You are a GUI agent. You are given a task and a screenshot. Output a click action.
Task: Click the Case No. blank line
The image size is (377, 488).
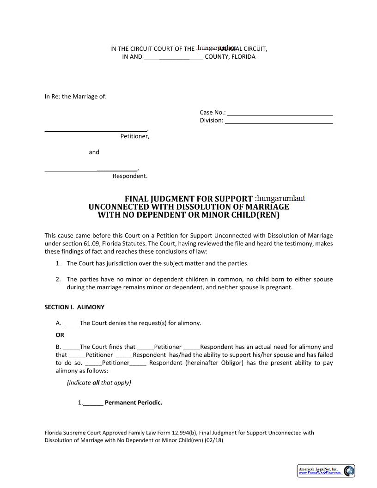[x=280, y=113]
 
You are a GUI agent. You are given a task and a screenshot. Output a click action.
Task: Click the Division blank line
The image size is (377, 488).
[x=279, y=121]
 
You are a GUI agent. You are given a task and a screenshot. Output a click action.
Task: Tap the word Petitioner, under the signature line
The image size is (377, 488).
[x=134, y=136]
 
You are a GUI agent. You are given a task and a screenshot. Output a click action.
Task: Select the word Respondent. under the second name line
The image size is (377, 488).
[x=130, y=176]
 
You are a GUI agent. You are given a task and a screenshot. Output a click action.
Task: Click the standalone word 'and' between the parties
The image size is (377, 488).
[x=94, y=152]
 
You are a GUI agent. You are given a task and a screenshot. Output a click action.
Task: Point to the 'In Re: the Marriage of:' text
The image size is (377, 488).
[x=75, y=97]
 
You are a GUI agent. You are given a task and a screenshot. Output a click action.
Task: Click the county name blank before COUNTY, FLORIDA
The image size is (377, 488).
[x=173, y=57]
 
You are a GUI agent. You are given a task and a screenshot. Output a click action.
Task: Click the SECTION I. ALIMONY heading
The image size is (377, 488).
[x=74, y=307]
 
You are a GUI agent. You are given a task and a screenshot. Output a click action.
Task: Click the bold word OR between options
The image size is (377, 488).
[x=60, y=335]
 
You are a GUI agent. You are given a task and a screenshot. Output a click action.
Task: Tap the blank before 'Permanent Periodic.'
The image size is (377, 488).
[x=93, y=403]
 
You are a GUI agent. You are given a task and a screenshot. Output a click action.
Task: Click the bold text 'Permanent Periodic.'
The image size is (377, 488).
[x=134, y=403]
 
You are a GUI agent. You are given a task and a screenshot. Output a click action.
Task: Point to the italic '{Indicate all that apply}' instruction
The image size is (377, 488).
[x=99, y=383]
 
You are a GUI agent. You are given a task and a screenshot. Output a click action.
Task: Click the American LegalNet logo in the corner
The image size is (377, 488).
[x=326, y=471]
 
